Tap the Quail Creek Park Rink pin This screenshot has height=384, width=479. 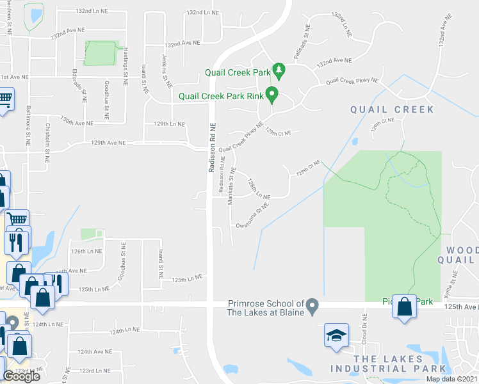pos(272,95)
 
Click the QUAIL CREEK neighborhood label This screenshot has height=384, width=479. pos(392,109)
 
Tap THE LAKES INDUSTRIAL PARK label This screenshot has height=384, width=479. pos(387,364)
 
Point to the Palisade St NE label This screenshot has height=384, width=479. pos(302,42)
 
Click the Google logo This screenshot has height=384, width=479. pos(21,376)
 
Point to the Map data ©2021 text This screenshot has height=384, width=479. pos(452,379)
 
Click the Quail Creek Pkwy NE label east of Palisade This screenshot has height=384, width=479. pos(352,82)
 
